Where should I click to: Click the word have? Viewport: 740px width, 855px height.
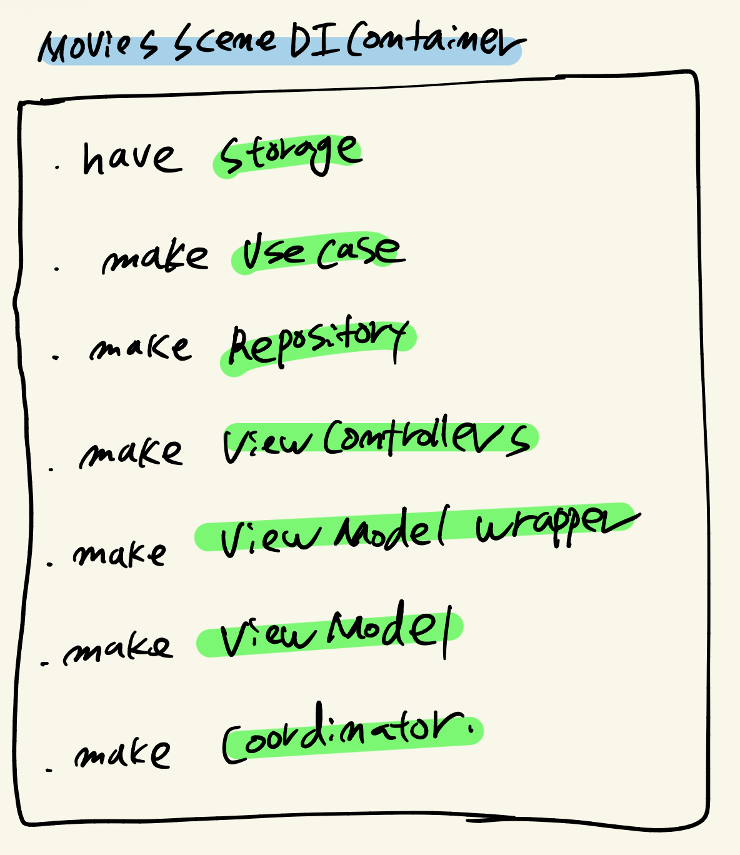tap(131, 157)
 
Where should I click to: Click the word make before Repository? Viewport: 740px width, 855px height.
tap(140, 347)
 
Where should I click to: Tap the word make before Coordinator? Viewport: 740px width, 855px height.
tap(122, 754)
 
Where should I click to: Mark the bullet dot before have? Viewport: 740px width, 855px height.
tap(57, 167)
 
